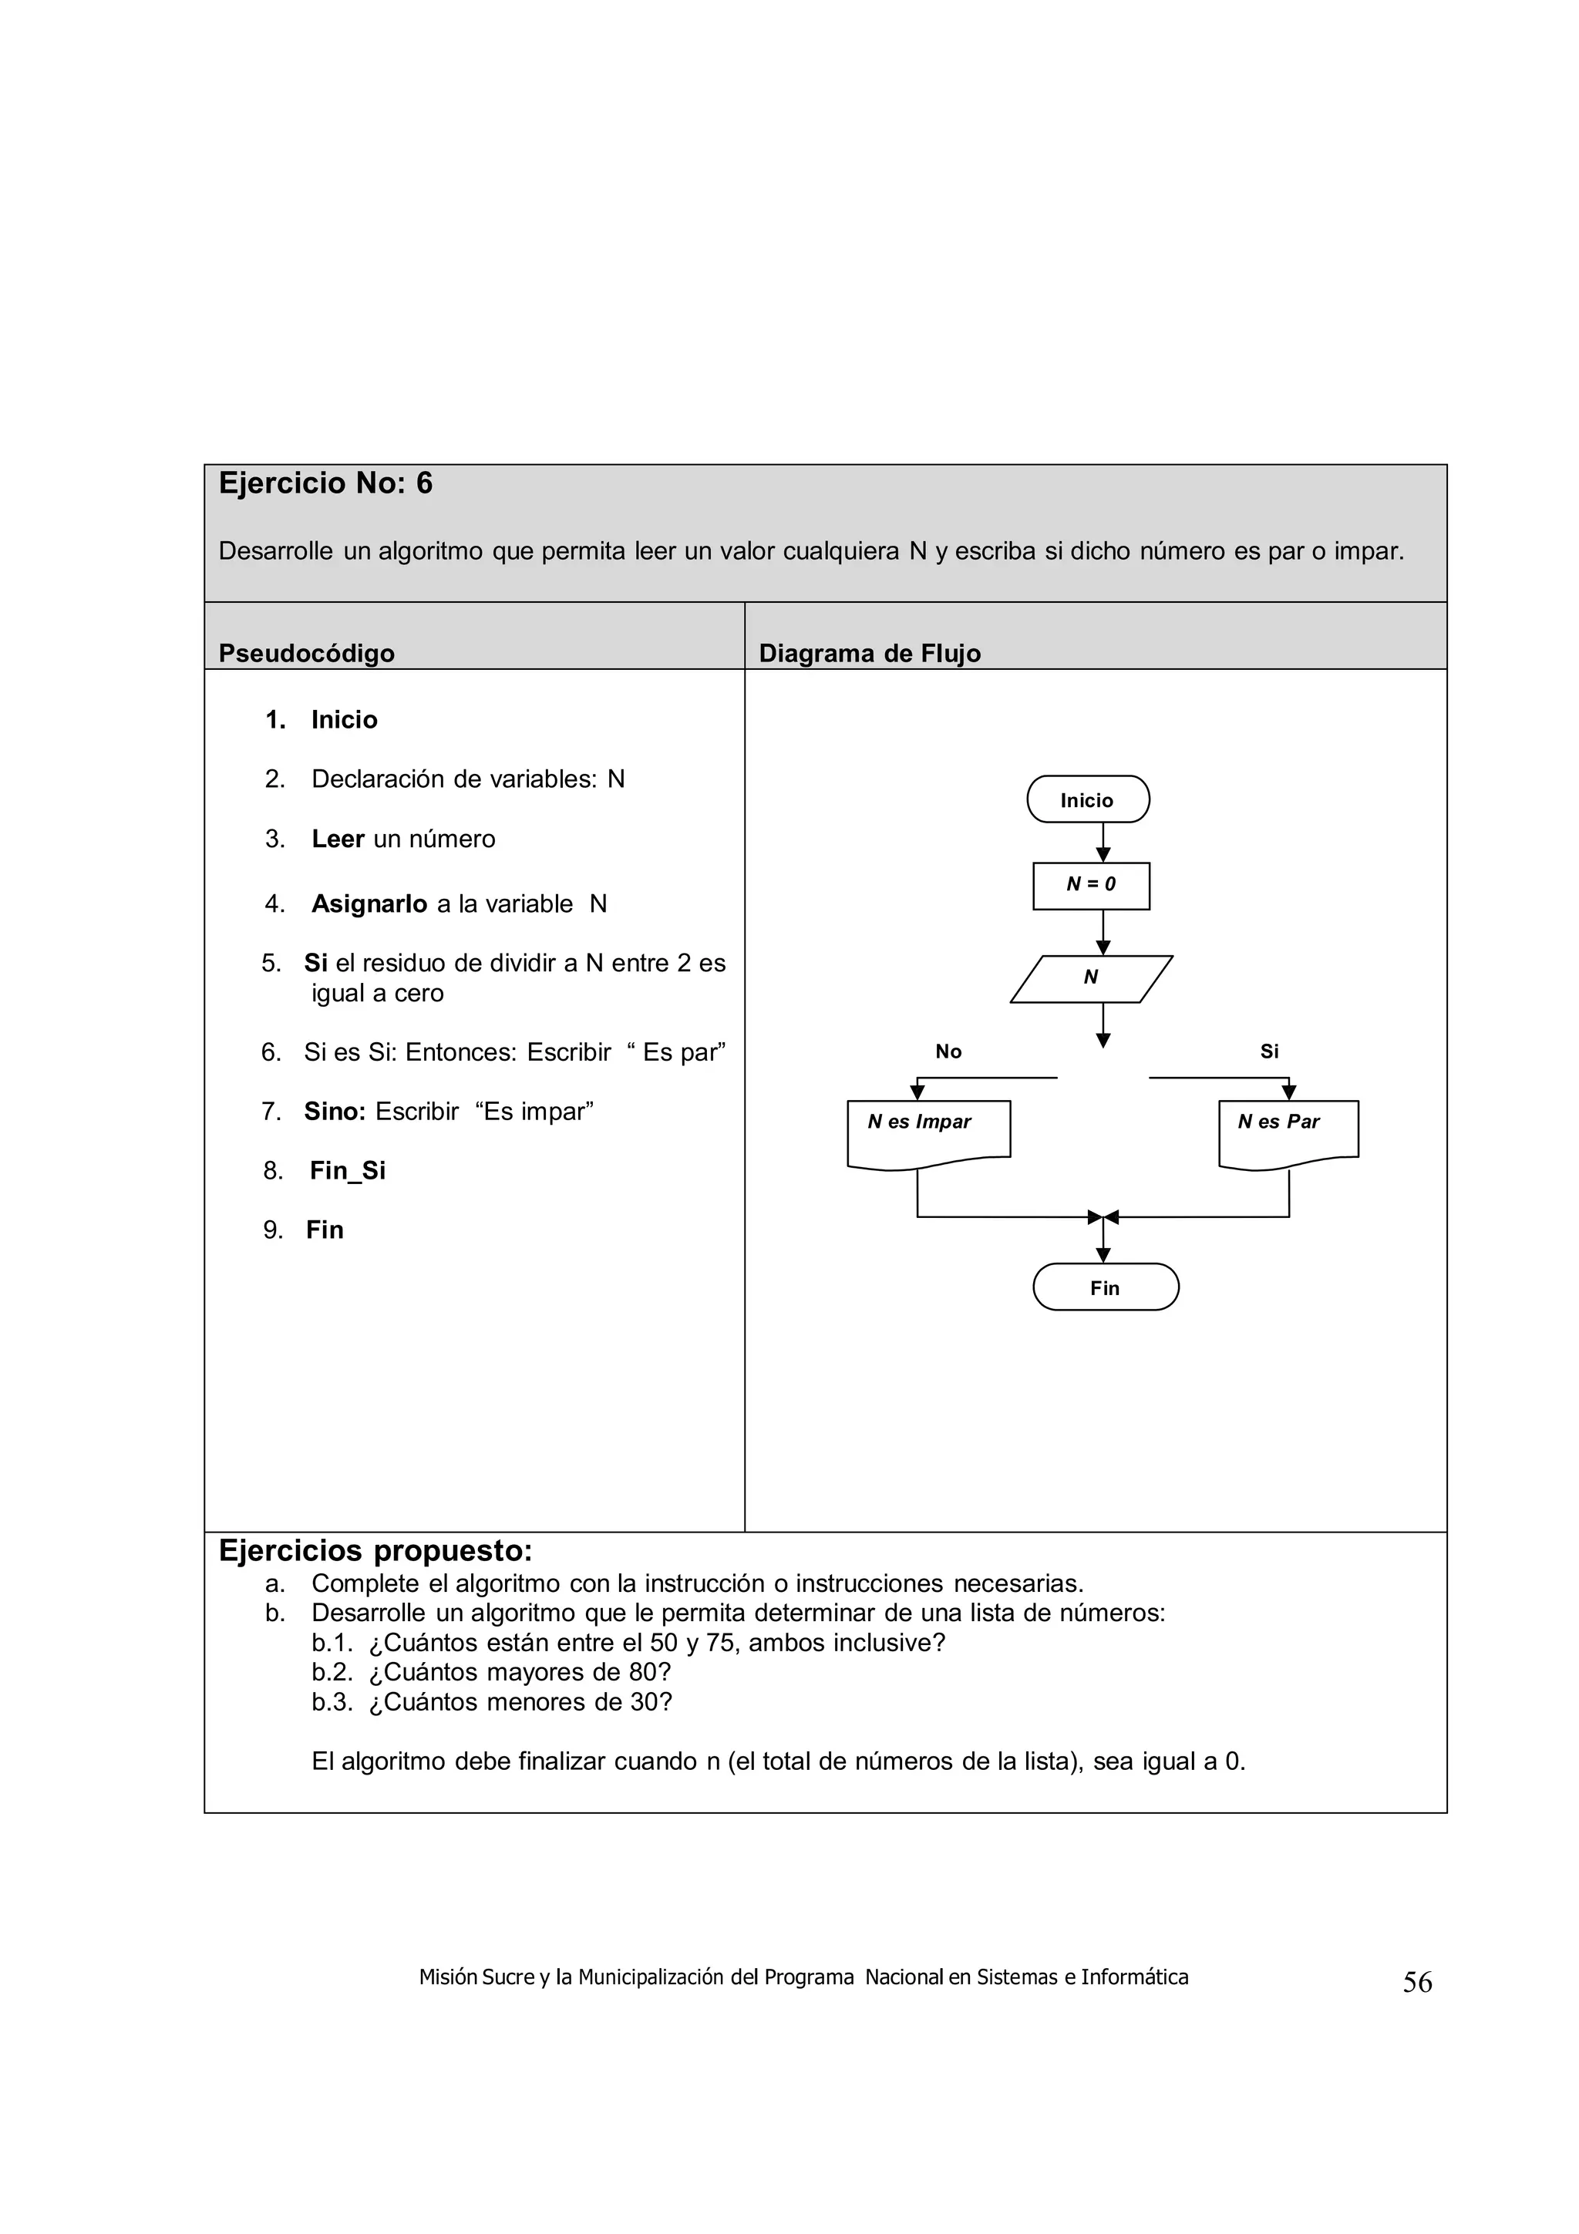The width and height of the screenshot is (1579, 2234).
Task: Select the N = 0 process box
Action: (x=1091, y=884)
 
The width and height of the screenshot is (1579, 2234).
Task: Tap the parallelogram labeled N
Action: (x=1091, y=978)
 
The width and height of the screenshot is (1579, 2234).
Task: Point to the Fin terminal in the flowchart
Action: (x=1105, y=1287)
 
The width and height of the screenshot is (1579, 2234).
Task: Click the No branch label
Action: (x=948, y=1051)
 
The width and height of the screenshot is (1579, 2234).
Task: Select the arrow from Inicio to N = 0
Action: (x=1103, y=843)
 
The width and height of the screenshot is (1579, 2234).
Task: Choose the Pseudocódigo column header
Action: (x=306, y=653)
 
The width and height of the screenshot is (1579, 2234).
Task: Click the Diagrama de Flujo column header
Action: (x=869, y=653)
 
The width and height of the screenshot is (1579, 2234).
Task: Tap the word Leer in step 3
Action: (x=338, y=839)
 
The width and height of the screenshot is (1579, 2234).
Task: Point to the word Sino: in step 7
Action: (x=334, y=1111)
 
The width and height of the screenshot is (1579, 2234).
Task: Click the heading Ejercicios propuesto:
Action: (x=375, y=1550)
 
